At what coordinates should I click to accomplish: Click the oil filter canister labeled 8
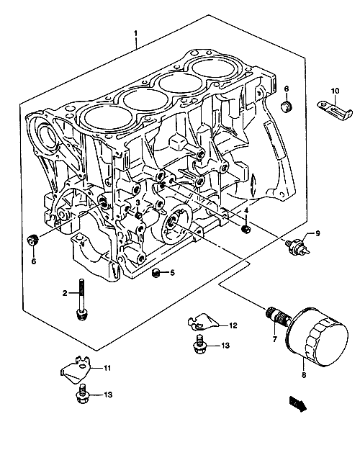point(318,337)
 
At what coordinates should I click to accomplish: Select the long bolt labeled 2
point(82,300)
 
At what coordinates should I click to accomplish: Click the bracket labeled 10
point(335,110)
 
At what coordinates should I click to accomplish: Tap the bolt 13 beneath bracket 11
point(82,395)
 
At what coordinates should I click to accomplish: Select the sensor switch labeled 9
point(297,246)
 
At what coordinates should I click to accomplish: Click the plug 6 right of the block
point(286,107)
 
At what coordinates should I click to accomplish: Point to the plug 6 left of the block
point(33,240)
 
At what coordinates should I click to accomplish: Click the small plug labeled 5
point(156,273)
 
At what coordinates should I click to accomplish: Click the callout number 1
point(135,34)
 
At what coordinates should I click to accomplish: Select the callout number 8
point(304,375)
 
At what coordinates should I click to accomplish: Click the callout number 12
point(233,325)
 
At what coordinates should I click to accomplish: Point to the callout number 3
point(138,202)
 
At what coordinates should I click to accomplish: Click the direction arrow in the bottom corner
point(298,403)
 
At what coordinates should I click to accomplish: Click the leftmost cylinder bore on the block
point(107,117)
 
